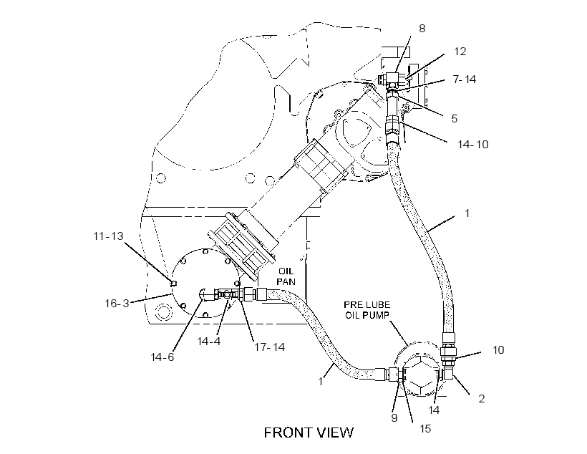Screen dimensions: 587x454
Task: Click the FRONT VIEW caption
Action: click(309, 433)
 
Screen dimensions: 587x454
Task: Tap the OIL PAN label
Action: click(286, 276)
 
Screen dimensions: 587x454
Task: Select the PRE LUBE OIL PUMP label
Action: click(367, 310)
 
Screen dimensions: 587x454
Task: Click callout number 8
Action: click(422, 29)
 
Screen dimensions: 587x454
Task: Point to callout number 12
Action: click(460, 52)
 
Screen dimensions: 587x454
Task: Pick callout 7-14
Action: click(464, 79)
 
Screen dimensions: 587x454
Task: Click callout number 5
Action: click(454, 118)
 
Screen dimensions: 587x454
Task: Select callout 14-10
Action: click(473, 144)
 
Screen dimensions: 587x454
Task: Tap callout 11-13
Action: click(108, 236)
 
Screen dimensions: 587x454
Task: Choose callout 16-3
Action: click(117, 303)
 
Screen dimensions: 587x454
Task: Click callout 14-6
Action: click(162, 357)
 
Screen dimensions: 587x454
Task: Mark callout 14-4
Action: click(209, 342)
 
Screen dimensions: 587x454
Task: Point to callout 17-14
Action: click(270, 347)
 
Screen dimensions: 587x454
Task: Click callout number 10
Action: click(498, 350)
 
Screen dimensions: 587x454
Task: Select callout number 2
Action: click(482, 399)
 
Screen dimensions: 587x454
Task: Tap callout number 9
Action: click(394, 417)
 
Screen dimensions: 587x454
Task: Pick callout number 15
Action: click(425, 428)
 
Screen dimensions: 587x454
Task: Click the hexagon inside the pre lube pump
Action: click(421, 375)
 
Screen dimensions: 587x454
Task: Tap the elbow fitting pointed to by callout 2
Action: click(447, 372)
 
